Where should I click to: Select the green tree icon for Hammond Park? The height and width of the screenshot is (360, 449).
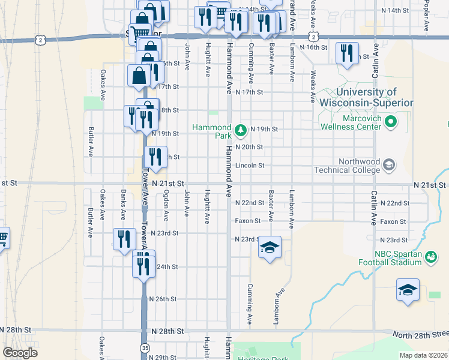tap(240, 130)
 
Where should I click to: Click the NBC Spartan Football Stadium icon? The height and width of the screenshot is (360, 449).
tap(430, 257)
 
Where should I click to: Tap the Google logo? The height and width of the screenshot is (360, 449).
tap(20, 353)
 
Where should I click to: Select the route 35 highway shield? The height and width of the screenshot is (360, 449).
tap(144, 347)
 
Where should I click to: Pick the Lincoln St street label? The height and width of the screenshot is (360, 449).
tap(250, 166)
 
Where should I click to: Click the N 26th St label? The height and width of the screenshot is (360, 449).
tap(163, 299)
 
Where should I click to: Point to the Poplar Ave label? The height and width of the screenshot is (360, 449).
tap(426, 17)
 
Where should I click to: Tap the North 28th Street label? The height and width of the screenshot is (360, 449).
tap(420, 334)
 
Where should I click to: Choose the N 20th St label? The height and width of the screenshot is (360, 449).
tap(249, 147)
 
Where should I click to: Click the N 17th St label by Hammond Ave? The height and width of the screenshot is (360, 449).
tap(250, 92)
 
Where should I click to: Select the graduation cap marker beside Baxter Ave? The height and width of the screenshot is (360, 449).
tap(270, 247)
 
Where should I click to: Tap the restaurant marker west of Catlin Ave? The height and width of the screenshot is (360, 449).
tap(347, 53)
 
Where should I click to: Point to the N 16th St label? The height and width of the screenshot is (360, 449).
tap(313, 47)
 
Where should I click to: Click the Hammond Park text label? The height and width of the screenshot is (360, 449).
tap(212, 131)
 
